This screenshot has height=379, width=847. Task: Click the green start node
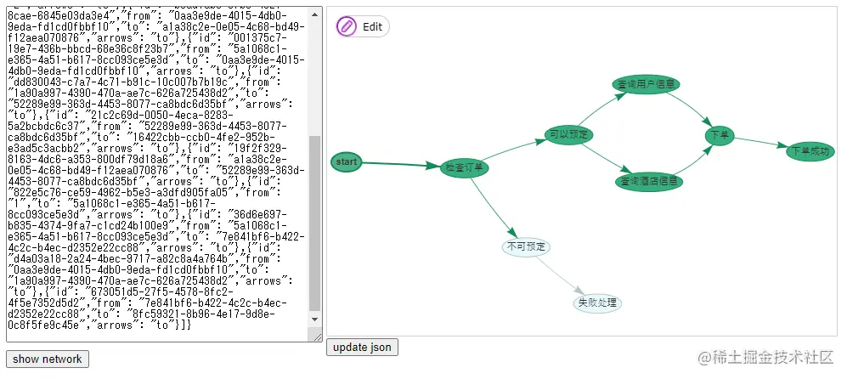pyautogui.click(x=347, y=161)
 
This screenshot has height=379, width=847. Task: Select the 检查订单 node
pyautogui.click(x=466, y=167)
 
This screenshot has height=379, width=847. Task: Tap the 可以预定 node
pyautogui.click(x=569, y=134)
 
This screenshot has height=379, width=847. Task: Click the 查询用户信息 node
pyautogui.click(x=647, y=84)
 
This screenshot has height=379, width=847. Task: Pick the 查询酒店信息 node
pyautogui.click(x=649, y=181)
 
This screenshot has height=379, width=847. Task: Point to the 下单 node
pyautogui.click(x=720, y=134)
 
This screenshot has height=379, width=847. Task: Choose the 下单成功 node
pyautogui.click(x=808, y=151)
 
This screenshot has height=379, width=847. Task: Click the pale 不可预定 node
pyautogui.click(x=527, y=247)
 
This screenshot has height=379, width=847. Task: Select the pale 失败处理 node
pyautogui.click(x=597, y=303)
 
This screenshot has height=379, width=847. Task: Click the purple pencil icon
pyautogui.click(x=347, y=26)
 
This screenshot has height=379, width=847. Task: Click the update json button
pyautogui.click(x=362, y=348)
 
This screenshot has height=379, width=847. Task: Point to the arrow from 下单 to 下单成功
pyautogui.click(x=760, y=142)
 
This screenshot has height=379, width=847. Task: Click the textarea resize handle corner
pyautogui.click(x=317, y=338)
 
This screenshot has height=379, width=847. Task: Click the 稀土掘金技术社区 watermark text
pyautogui.click(x=765, y=359)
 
